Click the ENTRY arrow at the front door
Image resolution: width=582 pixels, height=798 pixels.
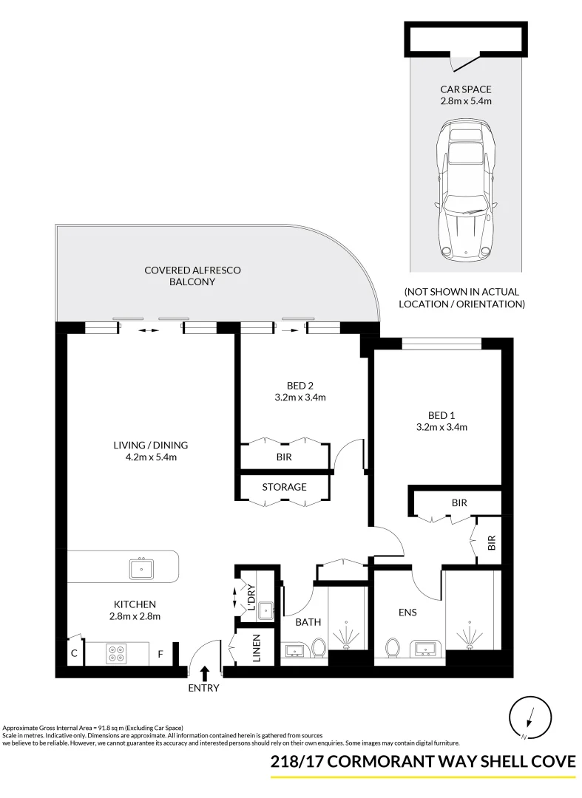[x=205, y=672]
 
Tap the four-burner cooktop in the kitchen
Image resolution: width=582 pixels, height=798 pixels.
[x=117, y=654]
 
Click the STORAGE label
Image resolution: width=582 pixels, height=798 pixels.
[x=284, y=487]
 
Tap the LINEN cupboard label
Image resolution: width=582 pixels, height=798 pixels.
[x=256, y=648]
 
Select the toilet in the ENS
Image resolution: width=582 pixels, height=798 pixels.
[x=393, y=647]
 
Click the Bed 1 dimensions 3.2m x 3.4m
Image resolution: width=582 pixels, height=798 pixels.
[x=441, y=426]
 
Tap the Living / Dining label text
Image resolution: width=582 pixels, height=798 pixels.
[x=151, y=445]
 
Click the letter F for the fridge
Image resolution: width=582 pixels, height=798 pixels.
[x=160, y=654]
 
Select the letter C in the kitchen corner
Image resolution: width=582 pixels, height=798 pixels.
[x=74, y=653]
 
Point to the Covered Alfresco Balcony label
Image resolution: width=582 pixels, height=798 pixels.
[x=192, y=276]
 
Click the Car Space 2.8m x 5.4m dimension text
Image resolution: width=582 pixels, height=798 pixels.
[x=466, y=101]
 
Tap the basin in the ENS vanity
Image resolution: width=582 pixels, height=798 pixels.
[x=424, y=649]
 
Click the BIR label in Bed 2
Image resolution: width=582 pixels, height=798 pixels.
[x=284, y=457]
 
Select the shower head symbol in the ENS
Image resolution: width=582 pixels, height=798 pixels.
[x=467, y=635]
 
